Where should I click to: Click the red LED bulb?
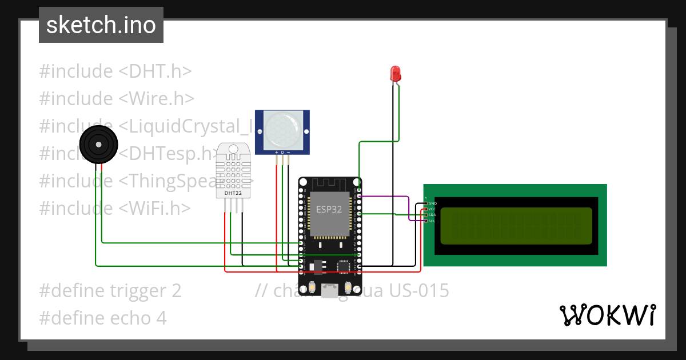coord(395,73)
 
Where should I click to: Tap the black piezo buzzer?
coord(95,145)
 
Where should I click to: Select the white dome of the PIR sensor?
coord(282,129)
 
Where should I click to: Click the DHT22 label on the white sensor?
coord(233,193)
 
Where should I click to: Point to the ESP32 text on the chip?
coord(329,209)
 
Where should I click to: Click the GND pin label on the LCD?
coord(432,203)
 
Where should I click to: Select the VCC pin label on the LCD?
coord(432,209)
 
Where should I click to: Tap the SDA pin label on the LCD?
coord(432,215)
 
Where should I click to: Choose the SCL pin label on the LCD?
coord(432,221)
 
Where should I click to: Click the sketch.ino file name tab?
coord(101,25)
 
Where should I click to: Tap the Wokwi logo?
coord(607,315)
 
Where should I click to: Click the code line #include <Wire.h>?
coord(117,98)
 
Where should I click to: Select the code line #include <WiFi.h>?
coord(114,208)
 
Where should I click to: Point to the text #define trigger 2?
coord(110,291)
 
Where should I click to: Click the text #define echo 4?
coord(103,318)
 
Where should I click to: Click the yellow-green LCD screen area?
coord(516,226)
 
